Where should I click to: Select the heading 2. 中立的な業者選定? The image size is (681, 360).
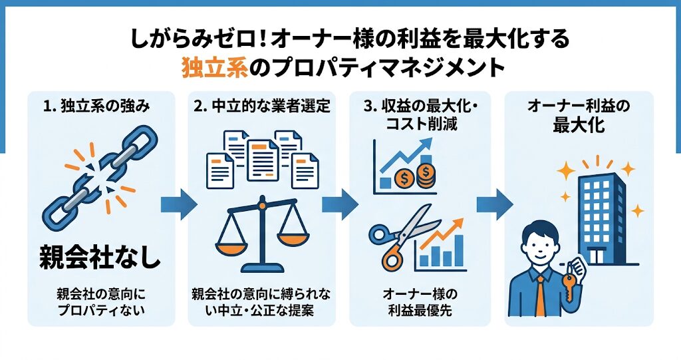coord(262,106)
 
